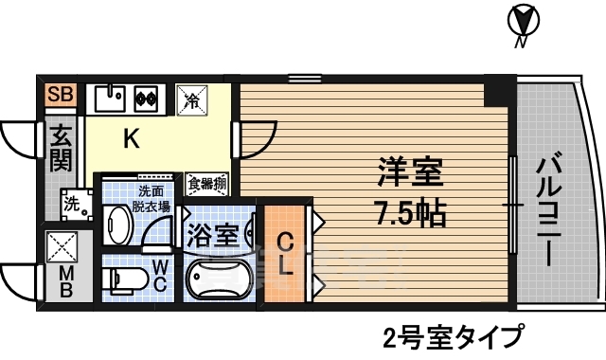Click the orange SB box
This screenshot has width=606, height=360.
(60, 94)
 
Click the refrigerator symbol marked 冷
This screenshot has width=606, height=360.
(190, 98)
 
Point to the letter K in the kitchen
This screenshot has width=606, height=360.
(133, 140)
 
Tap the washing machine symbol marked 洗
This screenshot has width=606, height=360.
(72, 202)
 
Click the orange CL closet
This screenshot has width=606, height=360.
(285, 253)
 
